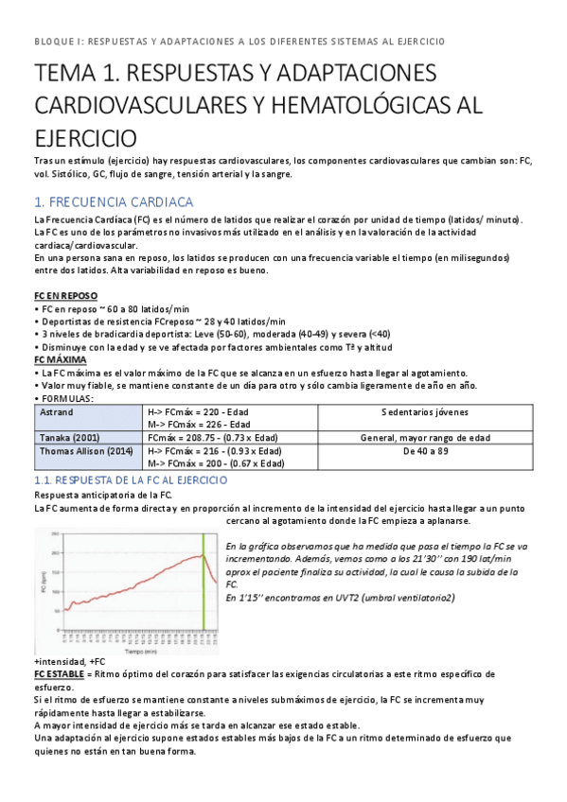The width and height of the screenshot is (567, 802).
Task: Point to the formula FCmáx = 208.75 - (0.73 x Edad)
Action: tap(217, 438)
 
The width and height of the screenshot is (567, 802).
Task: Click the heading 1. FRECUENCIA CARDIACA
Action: tap(114, 202)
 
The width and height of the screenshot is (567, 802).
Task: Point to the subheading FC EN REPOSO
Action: tap(65, 295)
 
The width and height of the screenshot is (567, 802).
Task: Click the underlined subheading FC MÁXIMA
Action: tap(60, 359)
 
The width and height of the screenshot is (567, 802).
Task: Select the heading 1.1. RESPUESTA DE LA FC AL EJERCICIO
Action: tap(131, 480)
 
